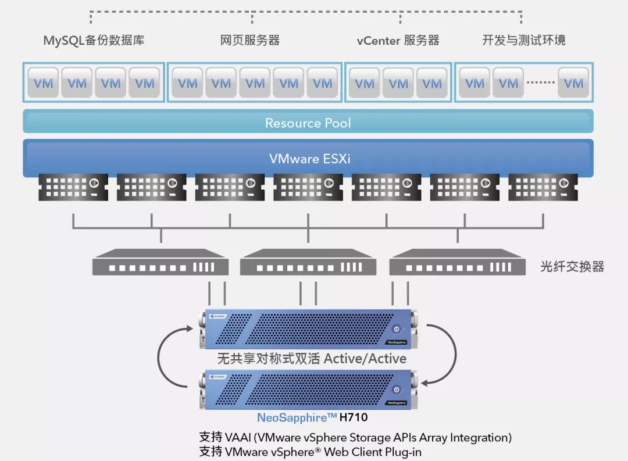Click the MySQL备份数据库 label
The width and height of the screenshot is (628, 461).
coord(94,41)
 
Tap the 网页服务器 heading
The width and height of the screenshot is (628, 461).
coord(250,41)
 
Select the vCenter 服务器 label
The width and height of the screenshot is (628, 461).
coord(398,41)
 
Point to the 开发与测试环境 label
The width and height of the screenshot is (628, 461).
coord(524,41)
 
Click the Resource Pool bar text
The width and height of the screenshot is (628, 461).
coord(308,123)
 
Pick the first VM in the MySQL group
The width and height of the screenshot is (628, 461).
coord(43,83)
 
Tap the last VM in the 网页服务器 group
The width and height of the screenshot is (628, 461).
coord(322,83)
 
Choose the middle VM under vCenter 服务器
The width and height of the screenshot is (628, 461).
coord(398,83)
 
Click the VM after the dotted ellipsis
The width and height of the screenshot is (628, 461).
coord(573,83)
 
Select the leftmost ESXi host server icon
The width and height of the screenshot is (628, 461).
coord(73,187)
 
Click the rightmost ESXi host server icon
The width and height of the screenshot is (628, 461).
coord(543,187)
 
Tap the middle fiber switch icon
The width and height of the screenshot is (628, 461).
coord(308,262)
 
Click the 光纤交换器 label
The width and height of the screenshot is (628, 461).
coord(572,267)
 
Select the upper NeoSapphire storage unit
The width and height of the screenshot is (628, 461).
coord(308,330)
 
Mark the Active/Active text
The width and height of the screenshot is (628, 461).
coord(365,358)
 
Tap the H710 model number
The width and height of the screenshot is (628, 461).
coord(354,417)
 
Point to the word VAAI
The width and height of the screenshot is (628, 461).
coord(238,437)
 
